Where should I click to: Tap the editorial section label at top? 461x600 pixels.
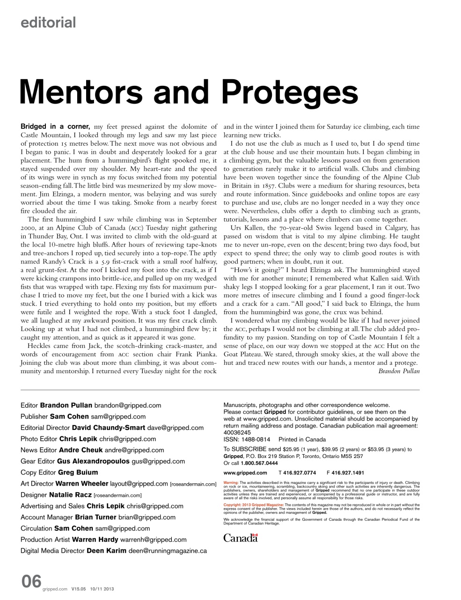click(x=48, y=22)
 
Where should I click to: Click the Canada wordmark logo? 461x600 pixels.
click(x=241, y=539)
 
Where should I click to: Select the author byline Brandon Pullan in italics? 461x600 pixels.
click(x=399, y=371)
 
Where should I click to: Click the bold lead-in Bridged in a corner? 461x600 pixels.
click(x=55, y=127)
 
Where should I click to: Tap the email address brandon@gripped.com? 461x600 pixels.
click(x=127, y=405)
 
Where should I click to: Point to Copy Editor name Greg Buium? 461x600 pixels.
click(x=78, y=472)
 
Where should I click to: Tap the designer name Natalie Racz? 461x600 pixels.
click(x=70, y=495)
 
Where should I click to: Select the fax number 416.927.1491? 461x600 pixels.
click(x=348, y=473)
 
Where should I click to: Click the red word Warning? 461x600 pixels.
click(x=231, y=482)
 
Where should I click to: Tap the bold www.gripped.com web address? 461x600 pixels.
click(x=245, y=473)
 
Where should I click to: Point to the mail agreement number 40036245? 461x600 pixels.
click(x=237, y=432)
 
